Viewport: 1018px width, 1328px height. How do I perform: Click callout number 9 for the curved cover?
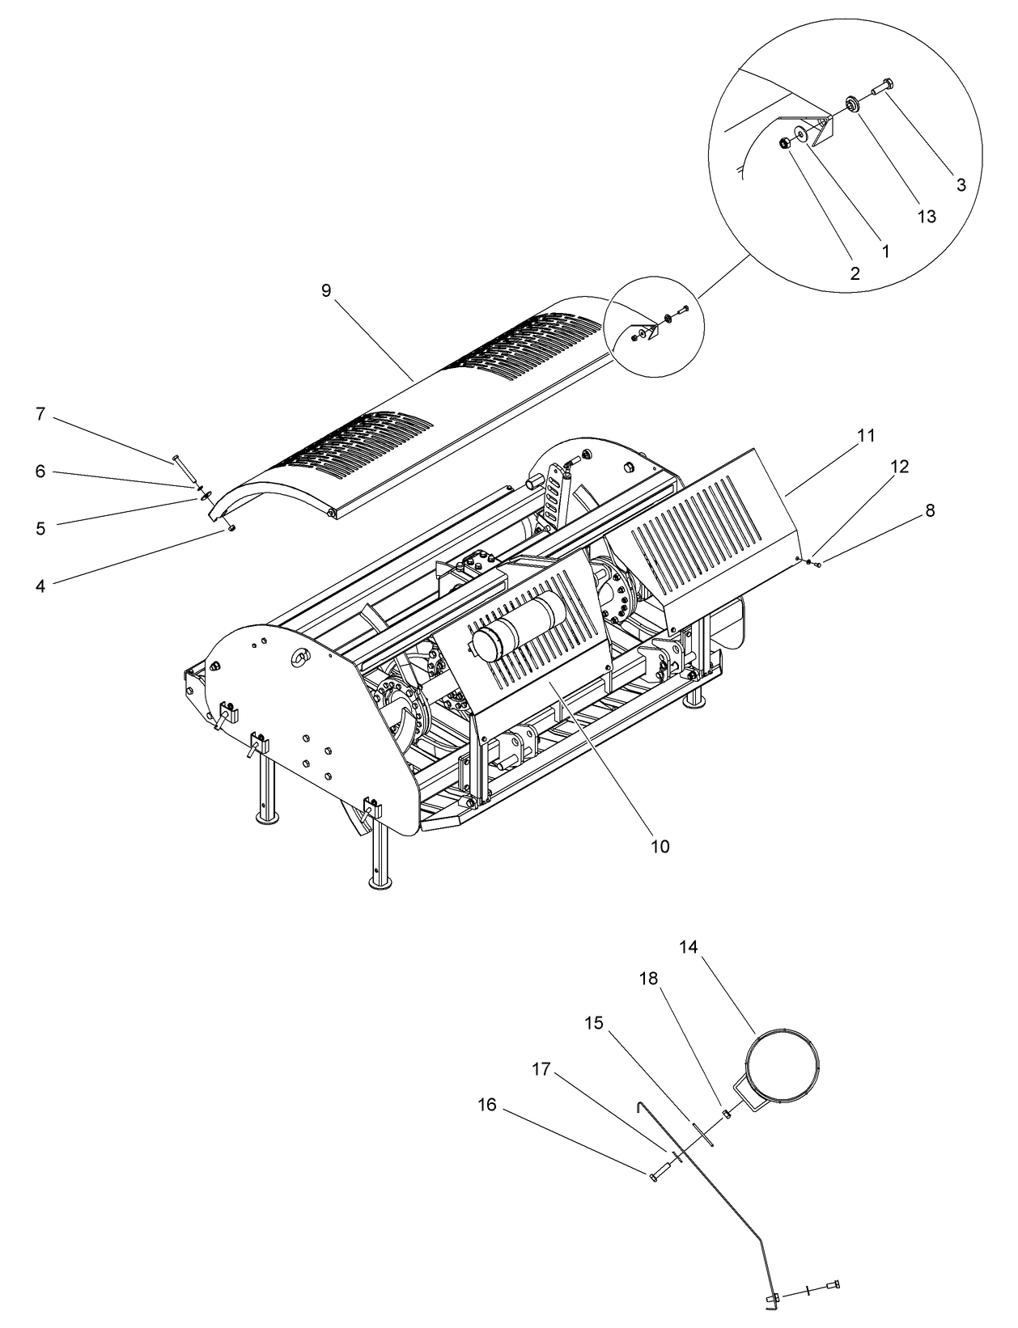coord(326,290)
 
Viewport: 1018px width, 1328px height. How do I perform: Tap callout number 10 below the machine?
coord(660,846)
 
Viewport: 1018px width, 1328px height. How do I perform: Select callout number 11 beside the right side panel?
coord(866,435)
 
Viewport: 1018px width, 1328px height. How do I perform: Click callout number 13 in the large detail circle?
coord(927,216)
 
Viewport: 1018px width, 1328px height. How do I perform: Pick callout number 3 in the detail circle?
coord(961,184)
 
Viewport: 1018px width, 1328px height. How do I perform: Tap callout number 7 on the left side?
coord(40,414)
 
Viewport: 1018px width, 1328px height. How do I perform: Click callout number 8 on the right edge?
coord(930,510)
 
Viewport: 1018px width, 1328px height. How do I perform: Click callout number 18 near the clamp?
coord(648,978)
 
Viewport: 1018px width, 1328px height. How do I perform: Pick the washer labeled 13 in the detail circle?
coord(852,104)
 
